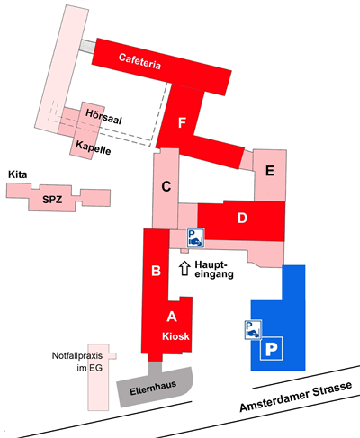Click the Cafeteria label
point(139,61)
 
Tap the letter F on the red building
point(182,123)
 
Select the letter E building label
point(270,171)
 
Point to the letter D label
point(242,218)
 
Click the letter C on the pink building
point(166,186)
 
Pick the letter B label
point(156,271)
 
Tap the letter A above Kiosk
point(172,317)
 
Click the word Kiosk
point(175,336)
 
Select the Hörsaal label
point(103,117)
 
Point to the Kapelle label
point(94,147)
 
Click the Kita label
point(18,174)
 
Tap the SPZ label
point(52,200)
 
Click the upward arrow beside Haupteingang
point(184,268)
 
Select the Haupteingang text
point(214,270)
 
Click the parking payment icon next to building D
point(195,237)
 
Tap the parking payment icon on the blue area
point(253,330)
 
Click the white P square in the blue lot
point(271,348)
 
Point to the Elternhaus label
point(153,389)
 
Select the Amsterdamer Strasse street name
point(296,397)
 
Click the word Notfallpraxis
point(77,356)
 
